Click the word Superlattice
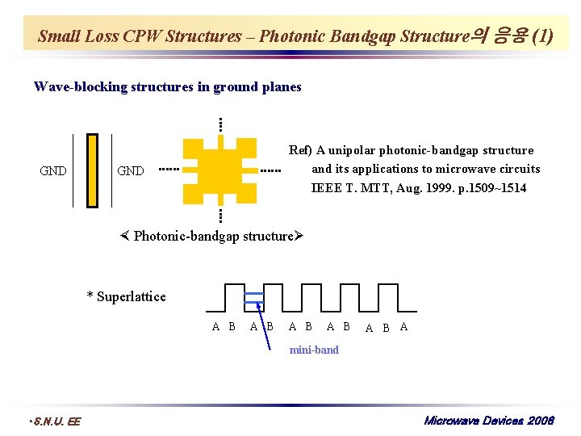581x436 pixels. click(x=131, y=296)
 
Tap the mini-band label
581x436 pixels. click(x=314, y=350)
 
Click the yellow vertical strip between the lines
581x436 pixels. click(x=93, y=170)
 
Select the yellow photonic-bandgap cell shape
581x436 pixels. click(x=219, y=170)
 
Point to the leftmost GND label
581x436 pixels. click(x=53, y=170)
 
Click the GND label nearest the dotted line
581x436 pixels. click(x=131, y=170)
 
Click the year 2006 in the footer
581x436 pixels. click(x=541, y=420)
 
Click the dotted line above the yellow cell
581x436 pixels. click(x=219, y=125)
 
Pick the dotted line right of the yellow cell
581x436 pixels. click(x=270, y=170)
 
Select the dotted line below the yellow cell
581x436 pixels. click(x=219, y=215)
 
